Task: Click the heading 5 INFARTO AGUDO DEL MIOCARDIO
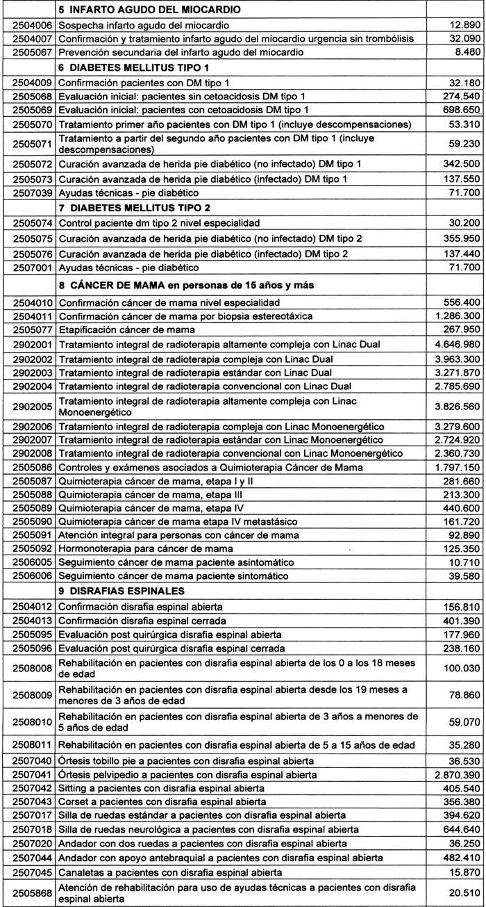tap(149, 10)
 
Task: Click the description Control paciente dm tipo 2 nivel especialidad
tap(160, 224)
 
